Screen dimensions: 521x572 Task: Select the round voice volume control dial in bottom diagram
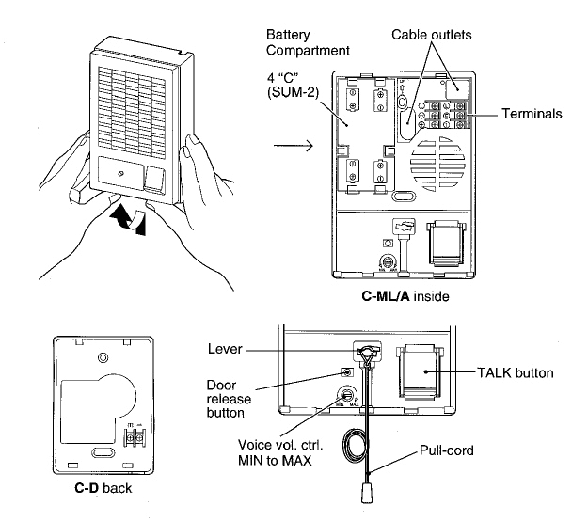(347, 397)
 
